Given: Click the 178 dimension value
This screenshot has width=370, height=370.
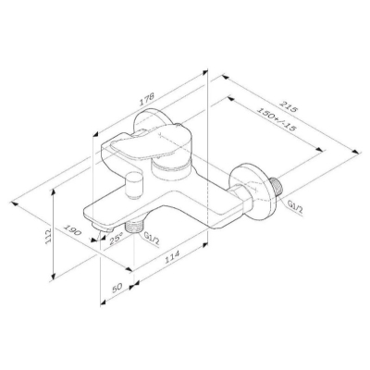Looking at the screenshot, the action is coord(147,100).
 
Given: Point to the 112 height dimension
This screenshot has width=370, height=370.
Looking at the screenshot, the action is coord(49,237).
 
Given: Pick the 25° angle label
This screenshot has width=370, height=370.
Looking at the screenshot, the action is coord(117,239).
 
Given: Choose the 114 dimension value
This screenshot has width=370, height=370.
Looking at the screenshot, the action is coord(172,257).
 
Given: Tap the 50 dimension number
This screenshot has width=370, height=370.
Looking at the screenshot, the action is coord(117,288).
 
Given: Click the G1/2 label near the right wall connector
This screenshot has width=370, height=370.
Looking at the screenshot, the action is coord(295,206).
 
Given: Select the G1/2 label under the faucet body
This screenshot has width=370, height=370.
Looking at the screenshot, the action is coord(152,239).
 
